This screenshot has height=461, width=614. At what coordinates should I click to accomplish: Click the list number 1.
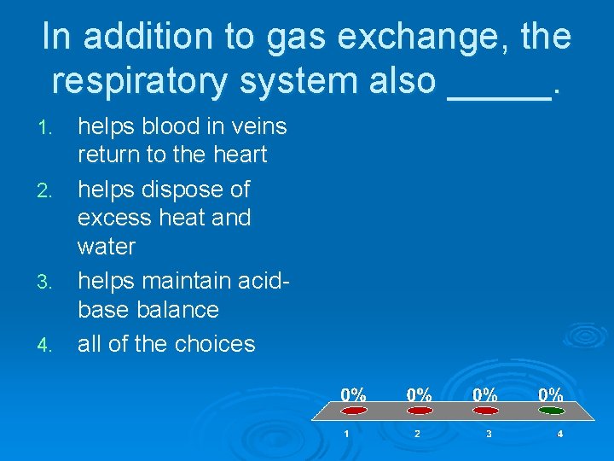pos(48,128)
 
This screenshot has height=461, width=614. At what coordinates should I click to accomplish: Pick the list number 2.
pos(48,190)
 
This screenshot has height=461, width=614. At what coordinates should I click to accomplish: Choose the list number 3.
pos(48,282)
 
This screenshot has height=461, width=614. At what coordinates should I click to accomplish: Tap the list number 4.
pos(48,346)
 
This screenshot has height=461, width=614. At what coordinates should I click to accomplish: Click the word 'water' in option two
pos(107,247)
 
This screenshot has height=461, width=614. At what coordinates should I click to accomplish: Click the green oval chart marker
pos(551,410)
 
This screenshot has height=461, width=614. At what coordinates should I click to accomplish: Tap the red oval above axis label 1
pos(354,410)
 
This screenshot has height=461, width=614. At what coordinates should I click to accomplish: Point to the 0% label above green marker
pos(550,394)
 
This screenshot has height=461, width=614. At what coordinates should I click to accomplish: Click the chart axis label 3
pos(488,434)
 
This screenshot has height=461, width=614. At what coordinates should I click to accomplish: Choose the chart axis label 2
pos(417,434)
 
